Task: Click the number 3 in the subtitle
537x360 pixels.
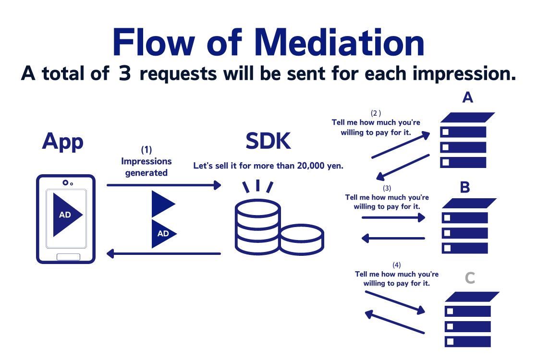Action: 125,74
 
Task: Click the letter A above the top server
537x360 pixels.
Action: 467,97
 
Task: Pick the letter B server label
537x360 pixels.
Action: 464,187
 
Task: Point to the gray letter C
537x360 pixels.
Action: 470,278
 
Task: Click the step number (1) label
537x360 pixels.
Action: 146,150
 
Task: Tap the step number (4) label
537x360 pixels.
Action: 396,264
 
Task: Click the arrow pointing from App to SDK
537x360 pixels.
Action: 163,185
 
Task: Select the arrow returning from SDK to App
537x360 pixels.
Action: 163,253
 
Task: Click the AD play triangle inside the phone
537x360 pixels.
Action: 66,215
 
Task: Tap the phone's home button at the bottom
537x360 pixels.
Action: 68,257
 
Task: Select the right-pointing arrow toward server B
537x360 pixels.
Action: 393,217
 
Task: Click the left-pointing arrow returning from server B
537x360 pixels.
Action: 393,238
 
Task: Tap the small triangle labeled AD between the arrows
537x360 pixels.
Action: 163,234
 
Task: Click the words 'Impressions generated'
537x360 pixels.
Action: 146,167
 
